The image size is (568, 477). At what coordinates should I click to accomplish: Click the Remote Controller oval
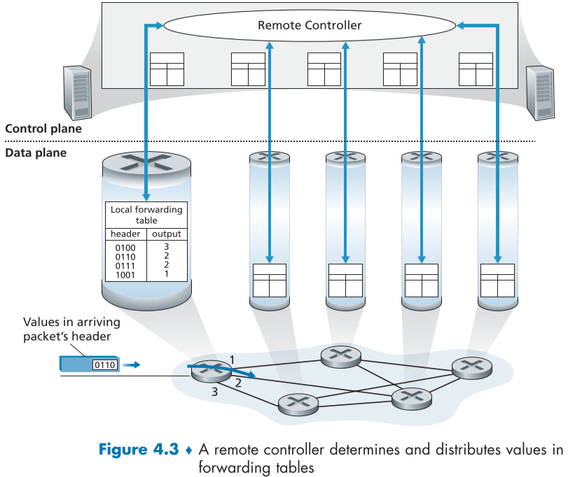coord(310,26)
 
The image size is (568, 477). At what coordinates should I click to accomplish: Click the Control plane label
coord(43,129)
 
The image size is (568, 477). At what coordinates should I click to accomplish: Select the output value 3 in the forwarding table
coord(167,247)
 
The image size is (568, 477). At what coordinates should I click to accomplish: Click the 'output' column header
coord(167,234)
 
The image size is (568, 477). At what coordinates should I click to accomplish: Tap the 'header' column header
coord(125,234)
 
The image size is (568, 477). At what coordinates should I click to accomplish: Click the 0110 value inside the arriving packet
coord(104,365)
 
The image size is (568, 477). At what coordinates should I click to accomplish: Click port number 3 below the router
coord(215,393)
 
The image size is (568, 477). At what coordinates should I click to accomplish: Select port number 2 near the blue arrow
coord(238,383)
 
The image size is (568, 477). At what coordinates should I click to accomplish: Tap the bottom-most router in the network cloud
coord(298,403)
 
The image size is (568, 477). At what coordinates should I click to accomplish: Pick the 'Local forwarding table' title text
coord(146,215)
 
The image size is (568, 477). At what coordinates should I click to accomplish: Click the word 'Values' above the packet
coord(42,322)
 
